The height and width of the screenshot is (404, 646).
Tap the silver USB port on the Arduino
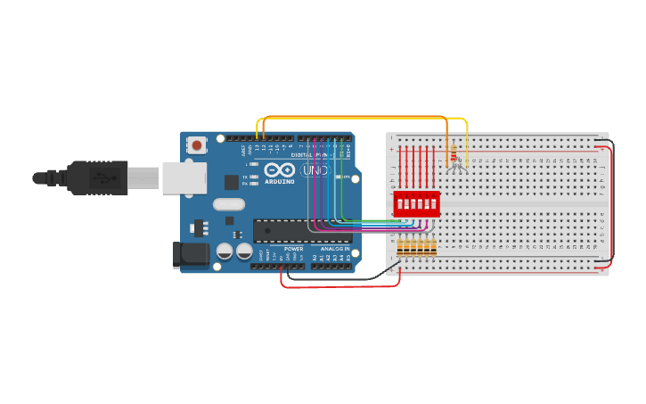click(x=184, y=178)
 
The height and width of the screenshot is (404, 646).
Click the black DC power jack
click(x=191, y=255)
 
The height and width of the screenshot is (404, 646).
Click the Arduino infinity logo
click(x=280, y=170)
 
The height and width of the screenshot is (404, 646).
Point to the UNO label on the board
click(x=315, y=169)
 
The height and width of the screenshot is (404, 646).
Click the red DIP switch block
click(x=416, y=202)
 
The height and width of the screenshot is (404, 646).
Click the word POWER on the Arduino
click(x=293, y=248)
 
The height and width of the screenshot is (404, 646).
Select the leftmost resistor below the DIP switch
click(x=400, y=247)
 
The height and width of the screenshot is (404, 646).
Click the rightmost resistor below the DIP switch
click(x=435, y=247)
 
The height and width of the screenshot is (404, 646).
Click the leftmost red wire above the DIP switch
click(x=400, y=169)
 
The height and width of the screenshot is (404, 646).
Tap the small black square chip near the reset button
click(x=231, y=182)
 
